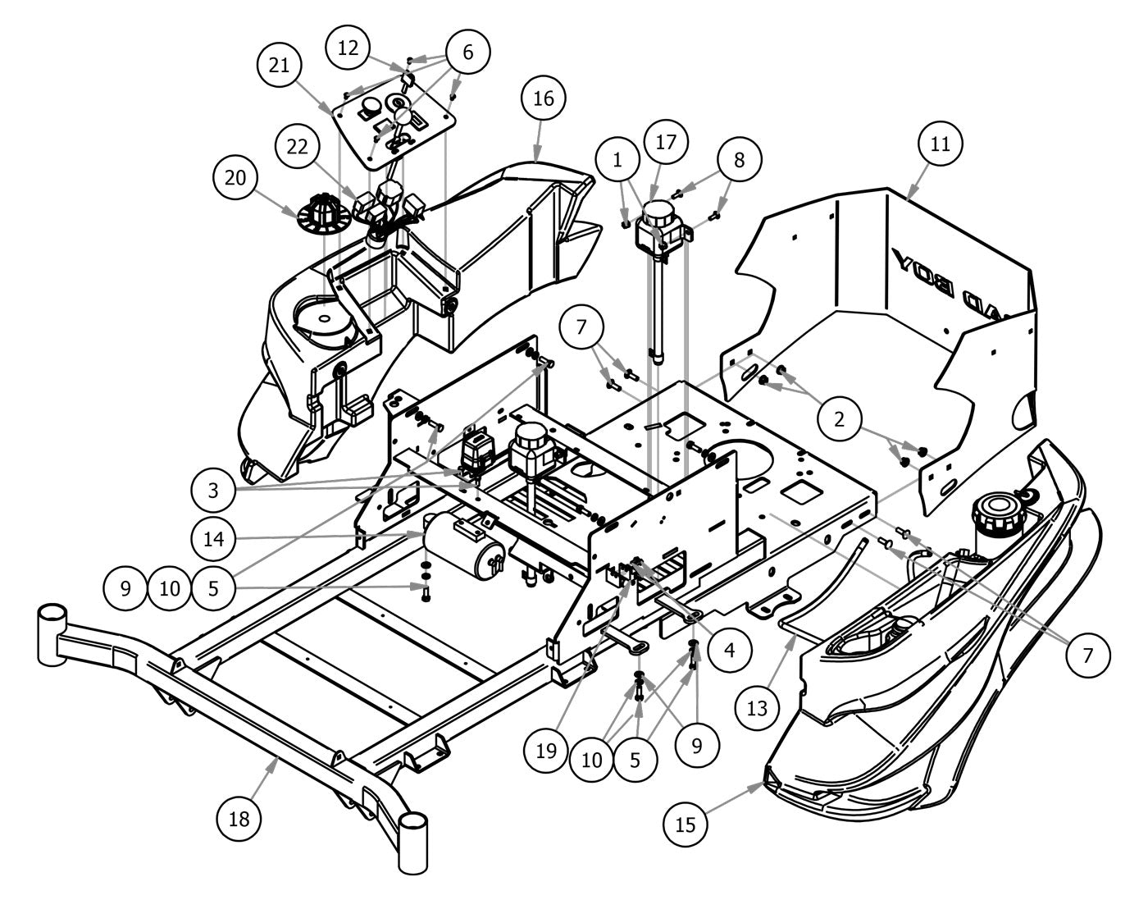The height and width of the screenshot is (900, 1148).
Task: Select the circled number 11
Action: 940,144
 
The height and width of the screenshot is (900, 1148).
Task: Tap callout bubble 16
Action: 544,98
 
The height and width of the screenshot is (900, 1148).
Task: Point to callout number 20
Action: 235,178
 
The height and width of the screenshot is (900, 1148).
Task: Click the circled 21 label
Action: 280,64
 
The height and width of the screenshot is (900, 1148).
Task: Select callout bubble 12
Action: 348,48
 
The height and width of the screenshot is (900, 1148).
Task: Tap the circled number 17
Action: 666,142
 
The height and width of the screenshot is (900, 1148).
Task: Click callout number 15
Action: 686,825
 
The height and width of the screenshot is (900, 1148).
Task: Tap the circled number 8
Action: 739,159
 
